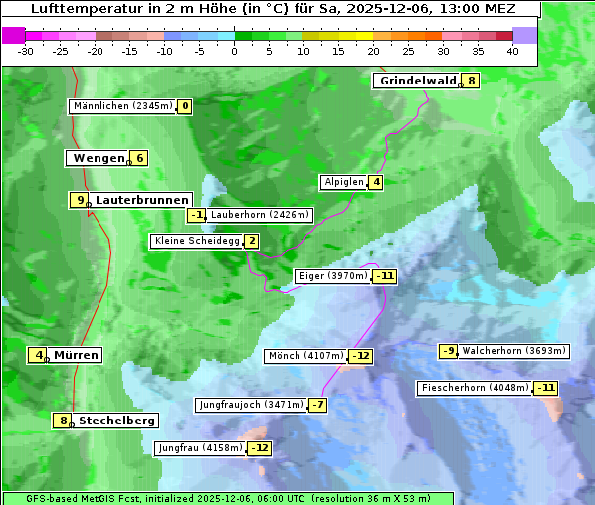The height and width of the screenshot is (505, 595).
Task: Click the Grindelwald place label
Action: click(x=417, y=81)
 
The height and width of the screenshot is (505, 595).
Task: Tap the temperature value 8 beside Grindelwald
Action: click(x=471, y=81)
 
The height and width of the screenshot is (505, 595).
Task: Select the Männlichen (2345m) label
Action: click(x=122, y=106)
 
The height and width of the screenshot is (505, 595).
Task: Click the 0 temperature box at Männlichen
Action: click(x=185, y=106)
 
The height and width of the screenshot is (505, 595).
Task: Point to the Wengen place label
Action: click(x=98, y=158)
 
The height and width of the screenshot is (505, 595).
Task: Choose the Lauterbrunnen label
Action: click(x=141, y=200)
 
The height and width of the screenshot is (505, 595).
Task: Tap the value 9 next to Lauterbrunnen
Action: click(x=79, y=200)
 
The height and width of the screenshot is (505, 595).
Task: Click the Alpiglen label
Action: click(x=343, y=182)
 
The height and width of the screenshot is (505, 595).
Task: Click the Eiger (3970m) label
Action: click(x=333, y=276)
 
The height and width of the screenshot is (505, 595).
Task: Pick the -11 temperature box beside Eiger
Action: click(x=385, y=276)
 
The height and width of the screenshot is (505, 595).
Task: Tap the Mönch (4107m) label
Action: click(x=306, y=356)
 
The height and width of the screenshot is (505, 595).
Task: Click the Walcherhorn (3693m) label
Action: click(x=514, y=351)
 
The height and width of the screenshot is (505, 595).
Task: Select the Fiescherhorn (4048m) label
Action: click(x=475, y=388)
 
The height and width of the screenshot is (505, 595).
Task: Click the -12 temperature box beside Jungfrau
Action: click(x=259, y=448)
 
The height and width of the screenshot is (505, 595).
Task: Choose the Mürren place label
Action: click(x=76, y=355)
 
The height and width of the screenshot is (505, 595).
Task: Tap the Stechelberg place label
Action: click(x=116, y=421)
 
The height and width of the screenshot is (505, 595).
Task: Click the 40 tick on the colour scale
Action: click(x=512, y=51)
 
